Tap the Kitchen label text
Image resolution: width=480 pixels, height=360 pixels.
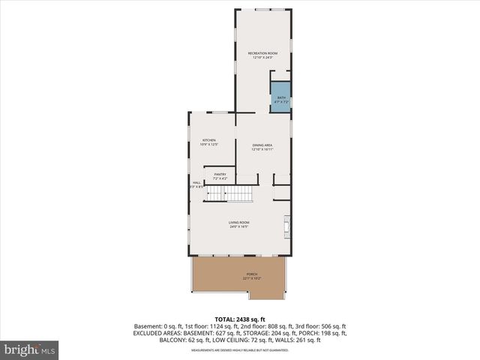click(208, 141)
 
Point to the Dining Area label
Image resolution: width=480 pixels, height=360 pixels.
click(262, 145)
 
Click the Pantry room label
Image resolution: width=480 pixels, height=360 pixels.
click(220, 174)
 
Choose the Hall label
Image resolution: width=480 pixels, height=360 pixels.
click(196, 182)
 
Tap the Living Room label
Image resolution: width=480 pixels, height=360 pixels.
click(239, 223)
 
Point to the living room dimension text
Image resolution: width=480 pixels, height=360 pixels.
click(239, 227)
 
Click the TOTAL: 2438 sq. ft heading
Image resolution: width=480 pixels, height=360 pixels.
click(239, 319)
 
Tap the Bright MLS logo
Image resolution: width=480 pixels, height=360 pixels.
click(30, 349)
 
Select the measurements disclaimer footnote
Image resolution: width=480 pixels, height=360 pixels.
click(239, 350)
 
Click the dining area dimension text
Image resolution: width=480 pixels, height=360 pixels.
click(262, 150)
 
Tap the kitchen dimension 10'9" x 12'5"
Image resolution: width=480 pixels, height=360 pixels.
click(208, 145)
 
